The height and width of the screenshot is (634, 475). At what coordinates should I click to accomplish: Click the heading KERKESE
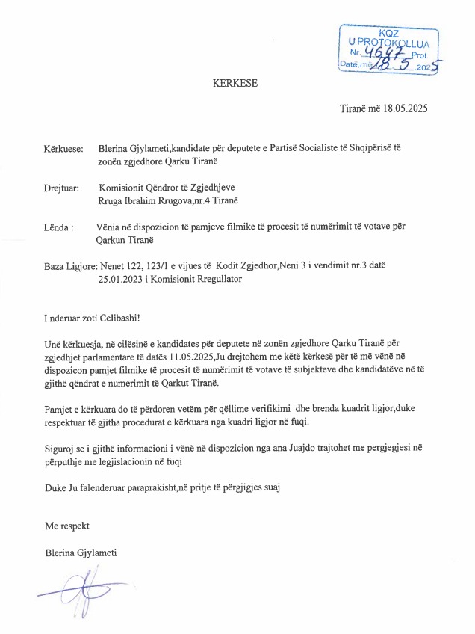235,84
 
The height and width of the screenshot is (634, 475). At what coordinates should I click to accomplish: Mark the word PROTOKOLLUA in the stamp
398,43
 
